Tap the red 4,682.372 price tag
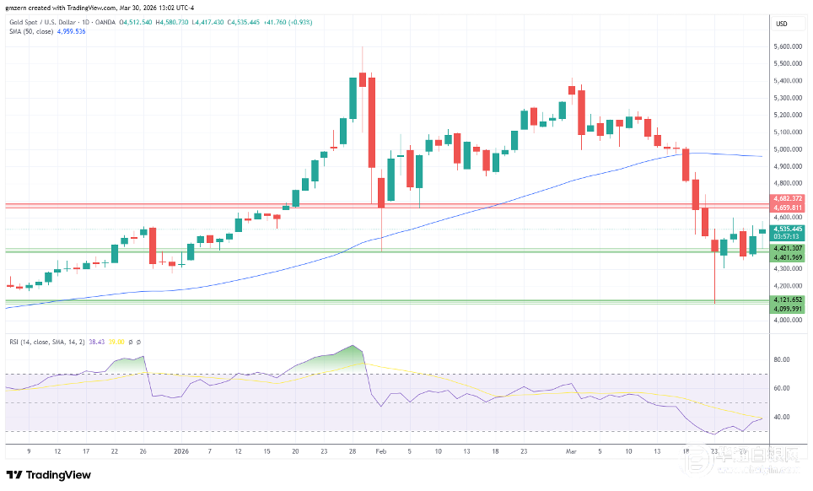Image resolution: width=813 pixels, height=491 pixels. pyautogui.click(x=788, y=198)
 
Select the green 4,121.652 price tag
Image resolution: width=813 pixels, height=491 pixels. pyautogui.click(x=788, y=299)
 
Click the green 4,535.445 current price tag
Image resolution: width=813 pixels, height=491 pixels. pyautogui.click(x=788, y=228)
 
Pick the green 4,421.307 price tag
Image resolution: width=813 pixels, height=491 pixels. pyautogui.click(x=788, y=248)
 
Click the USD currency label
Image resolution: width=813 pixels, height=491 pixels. pyautogui.click(x=781, y=23)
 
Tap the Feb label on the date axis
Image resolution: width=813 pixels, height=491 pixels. pyautogui.click(x=380, y=451)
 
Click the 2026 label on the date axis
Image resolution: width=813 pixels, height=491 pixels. pyautogui.click(x=181, y=451)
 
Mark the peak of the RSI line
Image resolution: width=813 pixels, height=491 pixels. pyautogui.click(x=354, y=346)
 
